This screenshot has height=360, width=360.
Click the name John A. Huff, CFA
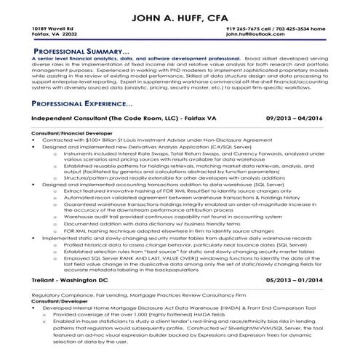tap(180, 15)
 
